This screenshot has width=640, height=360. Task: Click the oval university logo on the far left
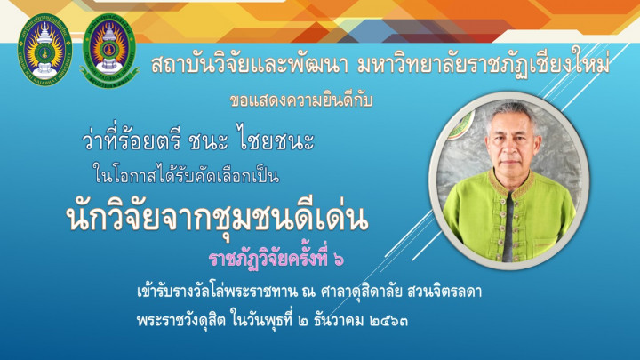click(45, 50)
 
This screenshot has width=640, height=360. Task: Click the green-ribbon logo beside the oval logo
click(109, 51)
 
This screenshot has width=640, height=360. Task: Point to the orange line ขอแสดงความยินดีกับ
click(301, 100)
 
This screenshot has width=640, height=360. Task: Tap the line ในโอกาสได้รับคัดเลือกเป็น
click(186, 175)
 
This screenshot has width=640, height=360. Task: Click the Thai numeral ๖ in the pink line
click(339, 260)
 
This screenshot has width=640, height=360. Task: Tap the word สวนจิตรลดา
click(444, 292)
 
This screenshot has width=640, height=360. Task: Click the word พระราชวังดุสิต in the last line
click(181, 320)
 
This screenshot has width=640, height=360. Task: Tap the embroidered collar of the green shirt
click(510, 183)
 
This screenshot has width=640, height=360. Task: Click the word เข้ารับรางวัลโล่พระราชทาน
click(217, 292)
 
